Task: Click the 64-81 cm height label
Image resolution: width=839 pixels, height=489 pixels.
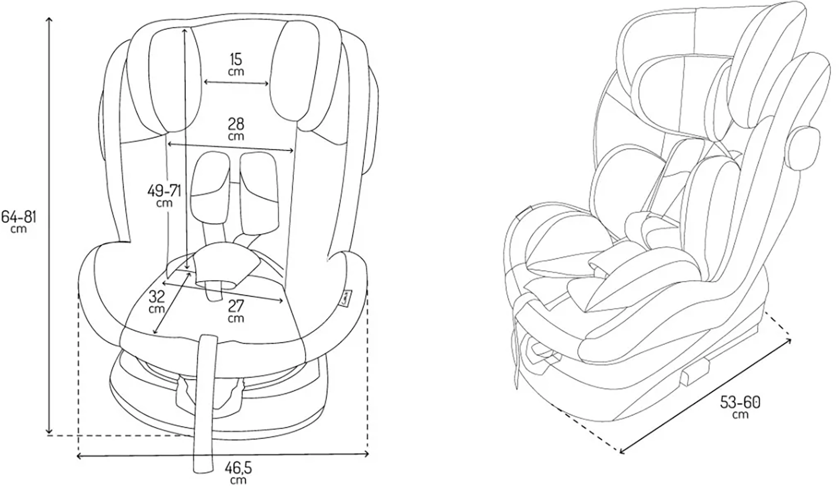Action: pyautogui.click(x=19, y=220)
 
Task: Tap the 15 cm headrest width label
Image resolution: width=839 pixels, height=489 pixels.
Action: pyautogui.click(x=236, y=64)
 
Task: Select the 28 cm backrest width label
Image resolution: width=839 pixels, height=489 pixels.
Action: pyautogui.click(x=236, y=129)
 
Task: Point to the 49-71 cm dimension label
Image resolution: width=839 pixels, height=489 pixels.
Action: pyautogui.click(x=164, y=195)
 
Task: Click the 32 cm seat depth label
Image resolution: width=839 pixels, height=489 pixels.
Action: pyautogui.click(x=158, y=301)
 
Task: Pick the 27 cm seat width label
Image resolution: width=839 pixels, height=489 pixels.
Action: pyautogui.click(x=236, y=311)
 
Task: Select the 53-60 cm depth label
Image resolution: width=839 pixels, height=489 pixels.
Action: pyautogui.click(x=741, y=407)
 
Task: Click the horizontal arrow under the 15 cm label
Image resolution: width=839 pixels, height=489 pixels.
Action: pyautogui.click(x=236, y=83)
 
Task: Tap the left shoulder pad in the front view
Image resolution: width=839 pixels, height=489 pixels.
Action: pyautogui.click(x=210, y=183)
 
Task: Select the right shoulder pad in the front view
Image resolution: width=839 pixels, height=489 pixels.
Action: pyautogui.click(x=258, y=191)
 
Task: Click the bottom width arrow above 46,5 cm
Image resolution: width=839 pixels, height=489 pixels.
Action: pyautogui.click(x=223, y=455)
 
